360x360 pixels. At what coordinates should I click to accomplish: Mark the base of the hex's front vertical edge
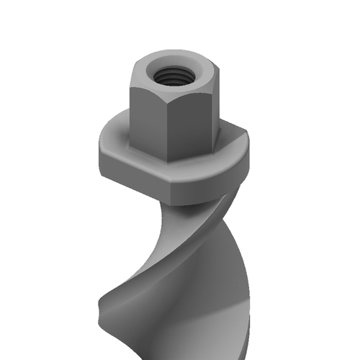[170, 159]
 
